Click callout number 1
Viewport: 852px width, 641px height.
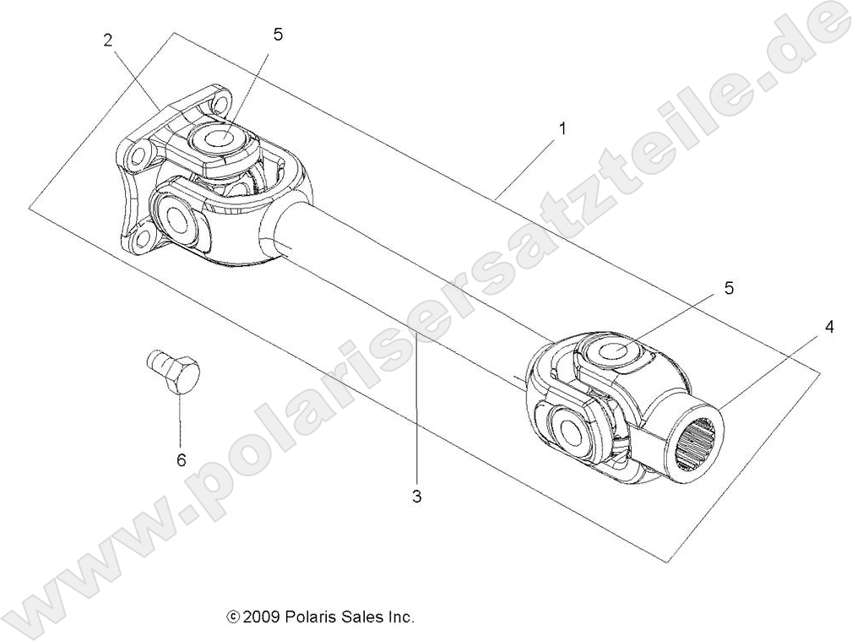click(562, 130)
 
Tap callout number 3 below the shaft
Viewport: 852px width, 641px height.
click(416, 497)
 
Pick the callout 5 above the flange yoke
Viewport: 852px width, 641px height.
click(279, 35)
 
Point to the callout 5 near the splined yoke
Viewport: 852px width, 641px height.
click(729, 289)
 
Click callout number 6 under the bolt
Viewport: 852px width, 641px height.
click(181, 460)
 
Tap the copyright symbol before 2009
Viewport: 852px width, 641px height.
click(234, 617)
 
